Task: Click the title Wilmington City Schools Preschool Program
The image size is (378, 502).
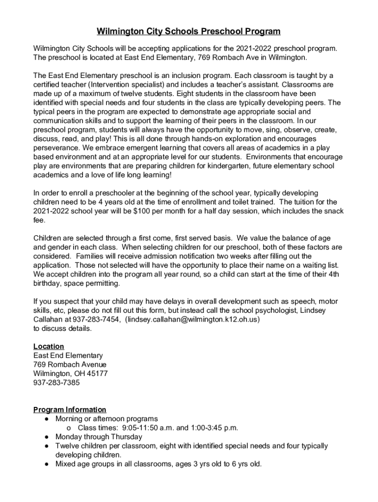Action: click(x=189, y=32)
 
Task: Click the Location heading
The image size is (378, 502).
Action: click(x=49, y=347)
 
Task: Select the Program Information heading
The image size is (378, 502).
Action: click(x=70, y=410)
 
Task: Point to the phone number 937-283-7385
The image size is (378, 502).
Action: click(x=56, y=382)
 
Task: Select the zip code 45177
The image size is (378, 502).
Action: click(x=98, y=374)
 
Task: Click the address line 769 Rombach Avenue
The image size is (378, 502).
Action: click(x=70, y=365)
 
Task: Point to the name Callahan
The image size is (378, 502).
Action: click(x=48, y=319)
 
